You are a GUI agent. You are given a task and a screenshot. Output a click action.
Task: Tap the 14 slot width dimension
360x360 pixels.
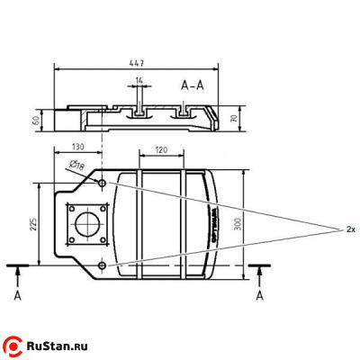(x=139, y=81)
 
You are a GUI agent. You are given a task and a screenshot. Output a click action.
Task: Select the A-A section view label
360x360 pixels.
(x=193, y=86)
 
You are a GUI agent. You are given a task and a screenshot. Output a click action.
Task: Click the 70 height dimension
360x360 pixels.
(x=235, y=118)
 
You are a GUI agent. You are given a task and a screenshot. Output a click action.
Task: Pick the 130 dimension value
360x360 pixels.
(x=78, y=147)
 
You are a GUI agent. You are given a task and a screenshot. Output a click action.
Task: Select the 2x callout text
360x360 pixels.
(x=350, y=229)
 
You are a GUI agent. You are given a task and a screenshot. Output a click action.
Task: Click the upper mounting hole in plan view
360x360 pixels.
(x=103, y=183)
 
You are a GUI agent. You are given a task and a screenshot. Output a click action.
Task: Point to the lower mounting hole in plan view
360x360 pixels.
(x=103, y=265)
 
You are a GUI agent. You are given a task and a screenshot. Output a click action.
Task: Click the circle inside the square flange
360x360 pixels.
(x=89, y=224)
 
